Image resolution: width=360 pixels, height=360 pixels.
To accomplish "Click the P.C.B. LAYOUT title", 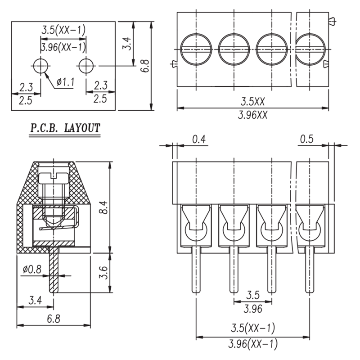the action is (x=65, y=128).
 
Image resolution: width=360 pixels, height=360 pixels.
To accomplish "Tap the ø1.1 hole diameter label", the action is (x=66, y=82).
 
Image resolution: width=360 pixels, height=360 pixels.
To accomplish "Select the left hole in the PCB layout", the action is (x=41, y=66).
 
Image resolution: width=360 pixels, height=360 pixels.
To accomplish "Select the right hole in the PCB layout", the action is (x=86, y=66).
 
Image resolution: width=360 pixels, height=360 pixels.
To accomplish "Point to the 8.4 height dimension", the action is (x=104, y=207).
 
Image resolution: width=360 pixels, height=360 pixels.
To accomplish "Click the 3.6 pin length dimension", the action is (x=104, y=273).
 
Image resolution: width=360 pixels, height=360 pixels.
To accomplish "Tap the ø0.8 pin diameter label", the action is (x=32, y=269).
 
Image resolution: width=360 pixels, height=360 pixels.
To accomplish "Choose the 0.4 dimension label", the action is (x=199, y=139).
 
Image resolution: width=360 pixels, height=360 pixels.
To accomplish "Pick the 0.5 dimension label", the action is (x=306, y=139).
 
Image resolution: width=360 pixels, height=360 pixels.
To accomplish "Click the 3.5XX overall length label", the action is (x=252, y=102).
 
